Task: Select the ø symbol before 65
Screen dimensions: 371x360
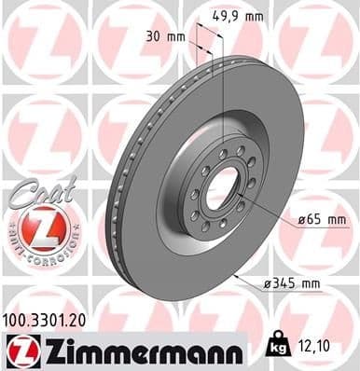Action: [304, 220]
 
